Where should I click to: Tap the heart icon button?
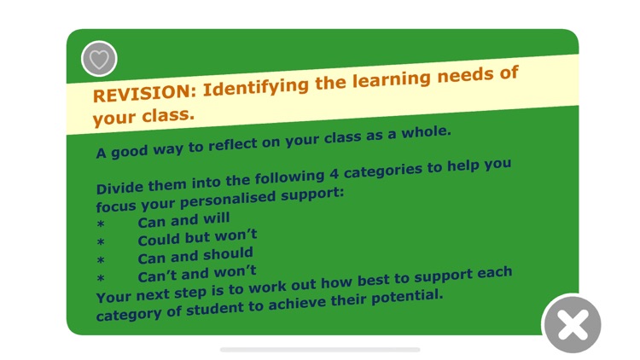point(99,59)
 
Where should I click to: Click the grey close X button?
point(572,324)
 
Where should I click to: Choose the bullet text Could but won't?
point(197,237)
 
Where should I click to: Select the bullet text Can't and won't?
point(197,274)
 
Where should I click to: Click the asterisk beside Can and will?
point(101,226)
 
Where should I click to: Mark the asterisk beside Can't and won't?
point(101,279)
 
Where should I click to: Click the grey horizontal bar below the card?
point(320,349)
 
